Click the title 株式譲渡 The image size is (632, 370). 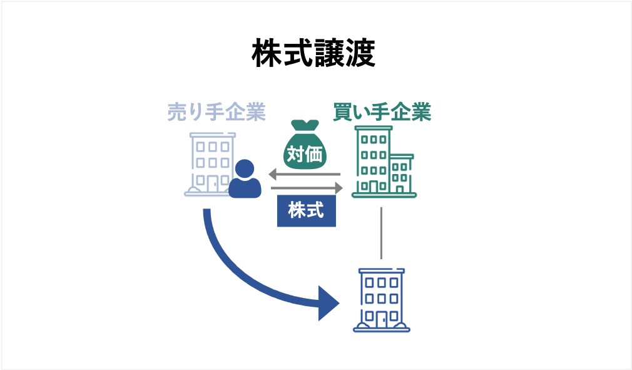coord(313,54)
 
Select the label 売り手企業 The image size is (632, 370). coord(217,113)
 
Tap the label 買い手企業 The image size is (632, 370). coord(382,113)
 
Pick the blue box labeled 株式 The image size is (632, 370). coord(306,211)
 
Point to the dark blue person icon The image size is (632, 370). coord(245,179)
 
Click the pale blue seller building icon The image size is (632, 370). coord(210,164)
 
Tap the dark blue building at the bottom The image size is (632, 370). coord(381,299)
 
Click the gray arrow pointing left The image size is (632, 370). coord(305,174)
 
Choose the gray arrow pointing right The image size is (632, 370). coord(307,187)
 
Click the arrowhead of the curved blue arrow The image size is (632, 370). coord(329,303)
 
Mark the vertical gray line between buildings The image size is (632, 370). coord(381,232)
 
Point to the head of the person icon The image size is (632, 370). coord(245,168)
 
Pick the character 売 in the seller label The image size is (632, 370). coord(177,113)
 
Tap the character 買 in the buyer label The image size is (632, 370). coord(343,113)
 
